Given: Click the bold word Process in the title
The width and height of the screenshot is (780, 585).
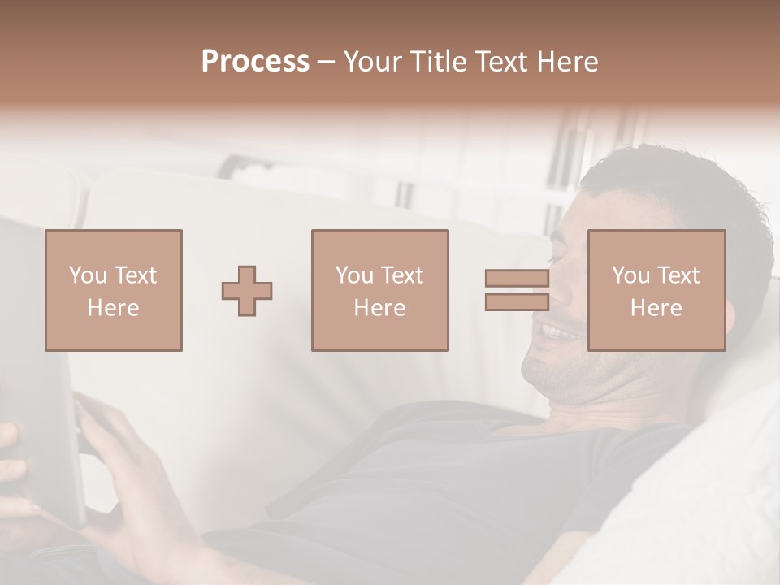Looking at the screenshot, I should pos(255,62).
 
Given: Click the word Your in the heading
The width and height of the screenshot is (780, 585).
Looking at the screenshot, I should pos(374,62).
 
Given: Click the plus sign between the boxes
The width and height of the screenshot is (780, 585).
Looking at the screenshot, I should pos(247,291).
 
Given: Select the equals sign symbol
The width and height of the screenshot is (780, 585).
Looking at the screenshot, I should pos(517,290).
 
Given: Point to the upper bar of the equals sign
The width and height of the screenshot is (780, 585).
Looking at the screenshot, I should pos(517,279).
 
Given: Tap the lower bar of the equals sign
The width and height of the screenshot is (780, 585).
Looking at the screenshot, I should pos(517,301).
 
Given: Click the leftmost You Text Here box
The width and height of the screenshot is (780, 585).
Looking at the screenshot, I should pos(113,290).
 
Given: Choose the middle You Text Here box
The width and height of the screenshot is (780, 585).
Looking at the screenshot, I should pos(379,290).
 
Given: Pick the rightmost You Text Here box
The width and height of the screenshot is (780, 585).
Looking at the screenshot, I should pos(656,290).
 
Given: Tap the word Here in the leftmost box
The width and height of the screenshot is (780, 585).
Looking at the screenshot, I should pos(113,307).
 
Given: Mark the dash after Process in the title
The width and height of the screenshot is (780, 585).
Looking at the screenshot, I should pos(327,62).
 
